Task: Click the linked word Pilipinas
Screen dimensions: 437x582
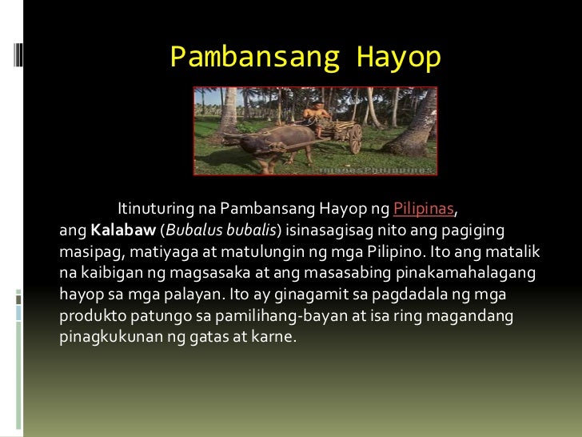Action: click(424, 210)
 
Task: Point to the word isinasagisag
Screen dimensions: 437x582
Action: click(325, 231)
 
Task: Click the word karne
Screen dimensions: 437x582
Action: click(275, 337)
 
